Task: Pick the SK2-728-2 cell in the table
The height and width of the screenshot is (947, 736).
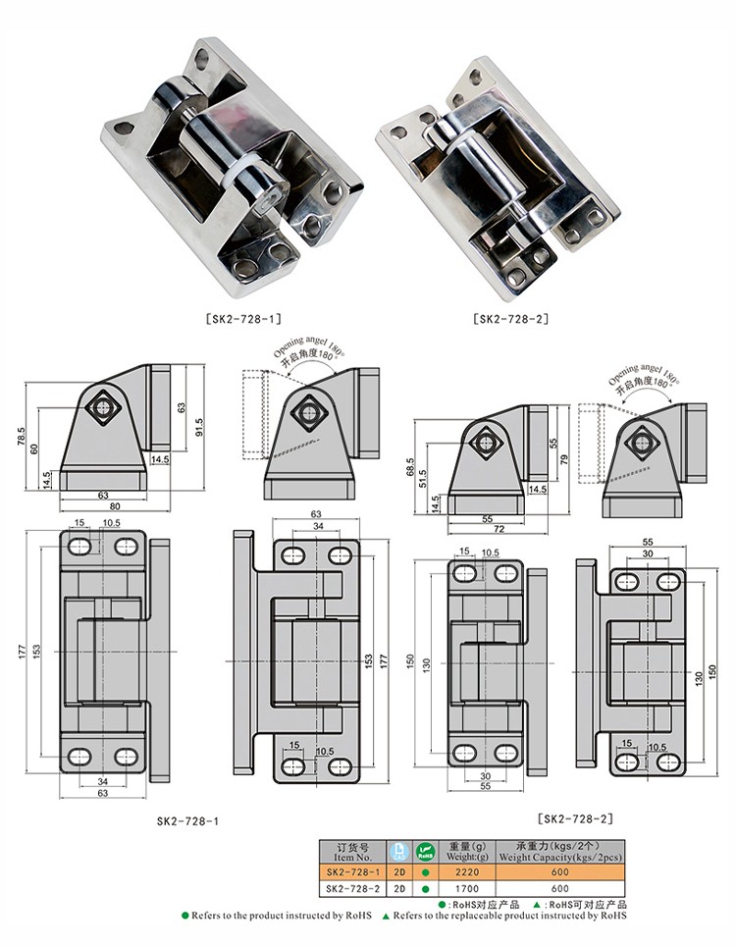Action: click(350, 888)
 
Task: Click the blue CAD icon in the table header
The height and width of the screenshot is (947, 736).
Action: click(398, 851)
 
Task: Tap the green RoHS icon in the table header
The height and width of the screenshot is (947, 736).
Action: click(425, 851)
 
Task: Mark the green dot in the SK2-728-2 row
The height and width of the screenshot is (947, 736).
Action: click(425, 888)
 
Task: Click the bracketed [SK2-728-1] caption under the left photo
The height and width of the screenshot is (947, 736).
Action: click(244, 318)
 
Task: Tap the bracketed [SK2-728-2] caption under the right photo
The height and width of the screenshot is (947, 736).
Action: click(510, 318)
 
